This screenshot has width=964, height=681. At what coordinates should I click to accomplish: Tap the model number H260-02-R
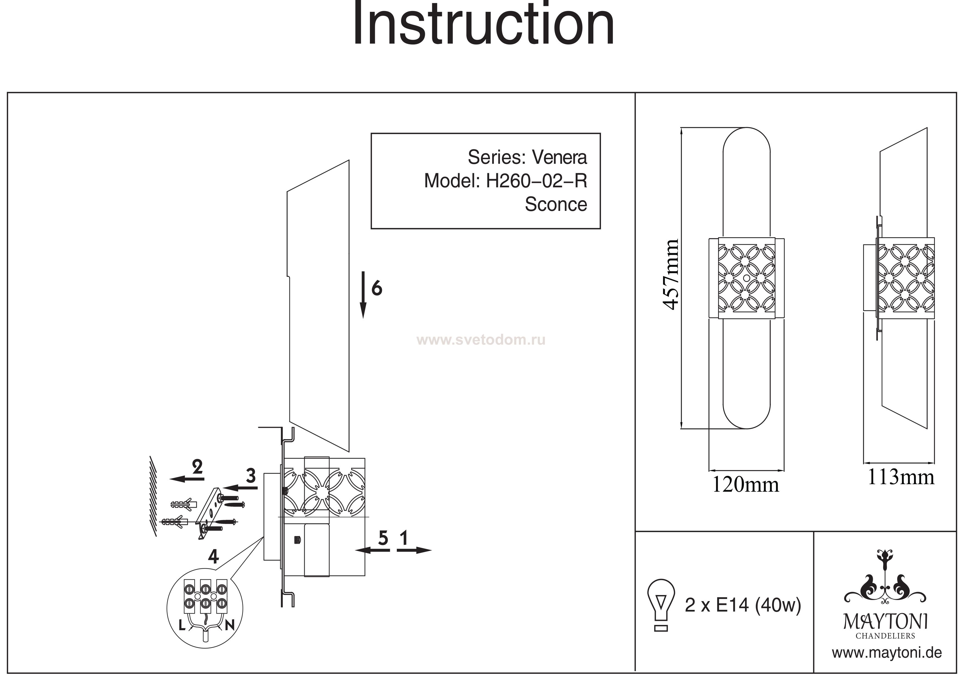(536, 181)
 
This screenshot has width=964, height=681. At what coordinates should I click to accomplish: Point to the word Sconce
(555, 204)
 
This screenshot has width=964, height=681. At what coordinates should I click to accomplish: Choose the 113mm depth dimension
(901, 478)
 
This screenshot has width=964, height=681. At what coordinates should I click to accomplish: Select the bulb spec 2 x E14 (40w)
(743, 605)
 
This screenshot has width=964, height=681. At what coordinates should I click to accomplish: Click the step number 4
(213, 557)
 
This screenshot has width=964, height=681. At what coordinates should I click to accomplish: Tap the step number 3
(251, 476)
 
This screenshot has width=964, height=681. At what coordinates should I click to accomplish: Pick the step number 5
(383, 538)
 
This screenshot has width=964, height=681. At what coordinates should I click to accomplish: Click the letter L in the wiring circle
(182, 626)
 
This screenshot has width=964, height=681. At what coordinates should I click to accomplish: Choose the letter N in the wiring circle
(229, 626)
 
